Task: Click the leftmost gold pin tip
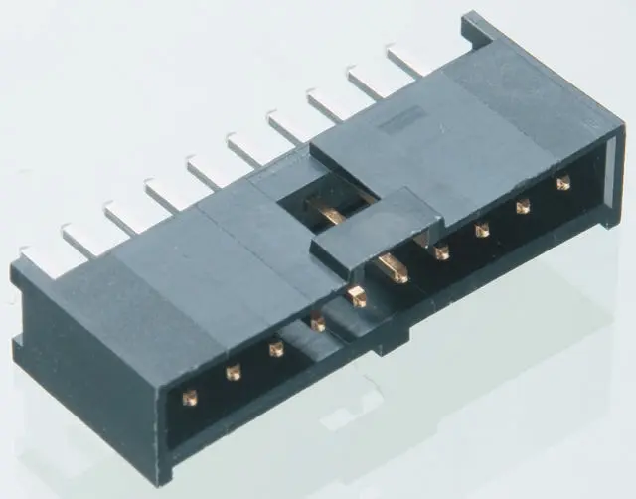(189, 397)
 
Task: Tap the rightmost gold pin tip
(563, 182)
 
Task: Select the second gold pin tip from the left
(234, 372)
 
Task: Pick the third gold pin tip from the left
(276, 348)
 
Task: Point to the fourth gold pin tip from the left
(317, 322)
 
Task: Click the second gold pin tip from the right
(523, 207)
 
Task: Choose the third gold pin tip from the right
(482, 230)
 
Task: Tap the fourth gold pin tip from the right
(441, 252)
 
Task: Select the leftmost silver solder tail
(40, 252)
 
